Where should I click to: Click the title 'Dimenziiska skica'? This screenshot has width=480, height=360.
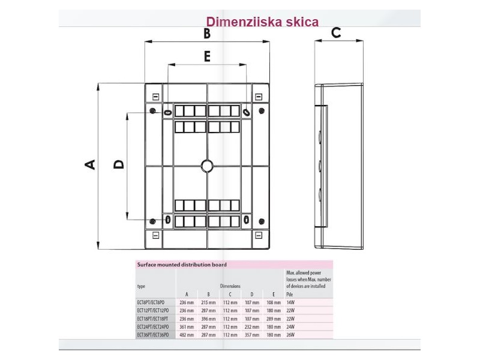coord(262,22)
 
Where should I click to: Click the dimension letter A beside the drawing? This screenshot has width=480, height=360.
coord(89,164)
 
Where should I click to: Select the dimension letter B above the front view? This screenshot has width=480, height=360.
coord(207,34)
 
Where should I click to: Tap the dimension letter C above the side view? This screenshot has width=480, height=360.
coord(336,32)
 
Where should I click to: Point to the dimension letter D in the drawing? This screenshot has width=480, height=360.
coord(119,163)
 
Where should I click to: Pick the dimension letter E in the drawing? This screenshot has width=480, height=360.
coord(207,56)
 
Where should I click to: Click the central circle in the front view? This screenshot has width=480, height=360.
coord(207,166)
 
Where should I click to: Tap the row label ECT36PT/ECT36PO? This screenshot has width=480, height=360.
coord(154,334)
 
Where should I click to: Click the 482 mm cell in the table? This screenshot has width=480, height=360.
coord(187,334)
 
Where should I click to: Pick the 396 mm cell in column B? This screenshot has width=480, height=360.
coord(208,319)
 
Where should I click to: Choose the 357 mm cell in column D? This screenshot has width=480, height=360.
coord(252,334)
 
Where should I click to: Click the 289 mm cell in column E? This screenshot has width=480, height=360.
coord(273,319)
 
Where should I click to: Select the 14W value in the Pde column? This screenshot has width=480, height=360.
coord(291,303)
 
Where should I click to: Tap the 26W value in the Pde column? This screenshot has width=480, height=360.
coord(291,334)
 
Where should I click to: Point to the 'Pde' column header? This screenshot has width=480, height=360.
coord(290,294)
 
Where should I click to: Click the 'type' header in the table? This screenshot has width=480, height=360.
coord(142,286)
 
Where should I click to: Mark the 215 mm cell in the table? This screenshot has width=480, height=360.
coord(208,303)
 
